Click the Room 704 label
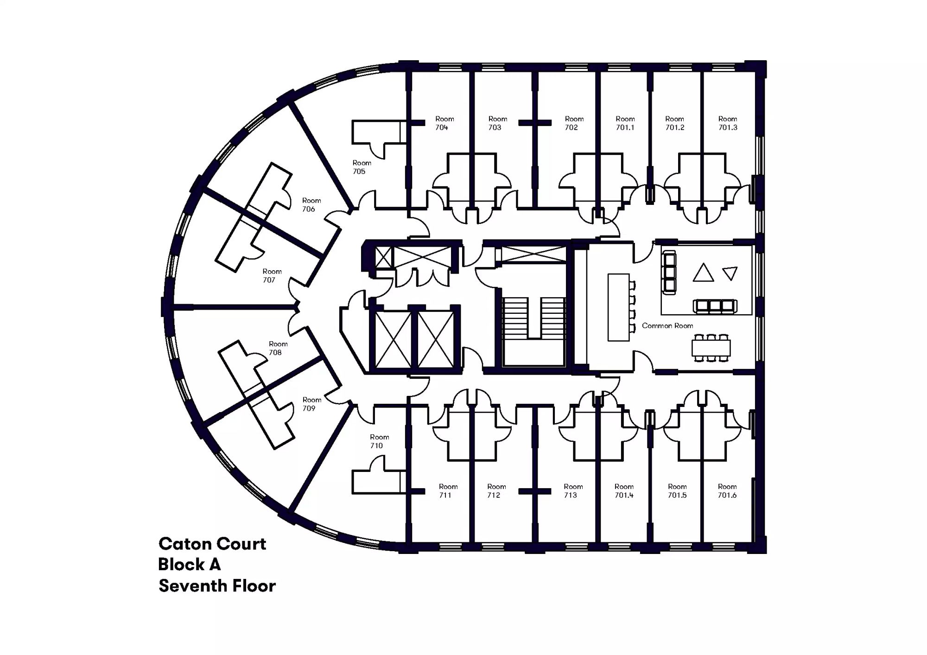click(x=444, y=123)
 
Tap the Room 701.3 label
click(x=728, y=123)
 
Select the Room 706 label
click(x=311, y=205)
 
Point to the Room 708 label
click(x=278, y=348)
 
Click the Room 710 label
click(x=379, y=441)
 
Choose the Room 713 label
click(x=573, y=491)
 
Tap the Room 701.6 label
click(x=727, y=491)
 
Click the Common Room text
click(x=667, y=326)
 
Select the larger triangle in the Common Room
click(x=703, y=273)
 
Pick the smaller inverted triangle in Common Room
click(x=730, y=273)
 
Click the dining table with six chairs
click(x=711, y=348)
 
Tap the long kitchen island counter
click(x=618, y=307)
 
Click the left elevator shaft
click(x=393, y=340)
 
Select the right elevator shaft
click(x=436, y=340)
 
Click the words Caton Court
click(x=212, y=544)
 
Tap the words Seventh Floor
click(x=217, y=586)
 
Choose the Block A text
click(x=189, y=565)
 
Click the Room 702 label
click(x=574, y=123)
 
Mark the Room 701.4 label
click(x=624, y=491)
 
